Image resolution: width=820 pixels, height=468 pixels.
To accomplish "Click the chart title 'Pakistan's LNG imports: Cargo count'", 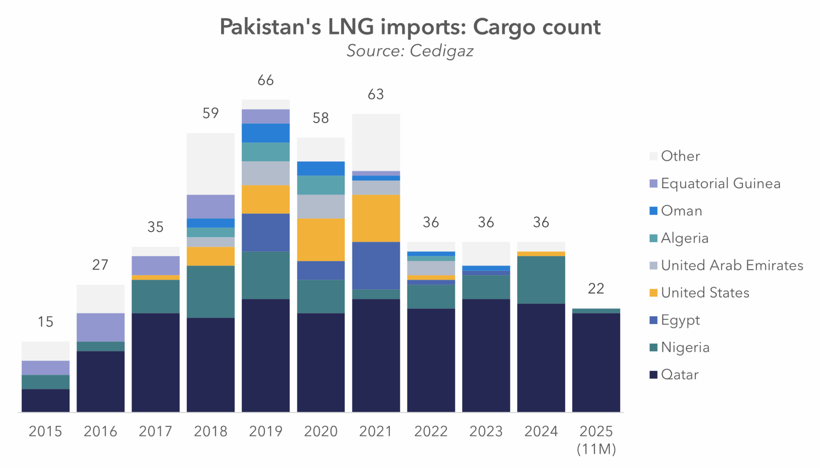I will click(410, 27).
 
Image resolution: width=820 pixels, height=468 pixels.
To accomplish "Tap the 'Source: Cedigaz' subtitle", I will click(410, 51).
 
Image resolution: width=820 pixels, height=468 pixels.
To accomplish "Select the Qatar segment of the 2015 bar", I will click(46, 400).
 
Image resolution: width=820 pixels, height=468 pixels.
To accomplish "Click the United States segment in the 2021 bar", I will click(376, 218).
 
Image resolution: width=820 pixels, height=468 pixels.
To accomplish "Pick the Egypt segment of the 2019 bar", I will click(266, 232).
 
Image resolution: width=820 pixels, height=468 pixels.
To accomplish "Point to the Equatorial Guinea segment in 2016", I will click(100, 327).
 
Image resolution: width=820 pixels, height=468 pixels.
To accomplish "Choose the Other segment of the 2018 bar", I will click(211, 164).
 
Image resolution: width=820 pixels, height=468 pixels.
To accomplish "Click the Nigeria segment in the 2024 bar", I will click(541, 279).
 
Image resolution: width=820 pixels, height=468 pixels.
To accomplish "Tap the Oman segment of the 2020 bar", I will click(321, 168).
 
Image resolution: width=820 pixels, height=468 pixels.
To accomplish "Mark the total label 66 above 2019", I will click(266, 80).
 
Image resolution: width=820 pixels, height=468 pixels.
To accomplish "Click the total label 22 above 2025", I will click(596, 289).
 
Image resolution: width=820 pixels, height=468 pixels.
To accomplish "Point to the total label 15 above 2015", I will click(46, 322).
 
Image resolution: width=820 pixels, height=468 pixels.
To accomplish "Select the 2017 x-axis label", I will click(155, 431).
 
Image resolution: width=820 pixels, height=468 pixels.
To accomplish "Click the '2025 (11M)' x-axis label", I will click(596, 439).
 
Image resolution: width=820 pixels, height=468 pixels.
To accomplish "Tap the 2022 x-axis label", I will click(431, 431).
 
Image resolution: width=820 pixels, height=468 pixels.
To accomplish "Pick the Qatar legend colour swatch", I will click(653, 375).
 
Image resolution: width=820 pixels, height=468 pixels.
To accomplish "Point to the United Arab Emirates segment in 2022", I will click(431, 268).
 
